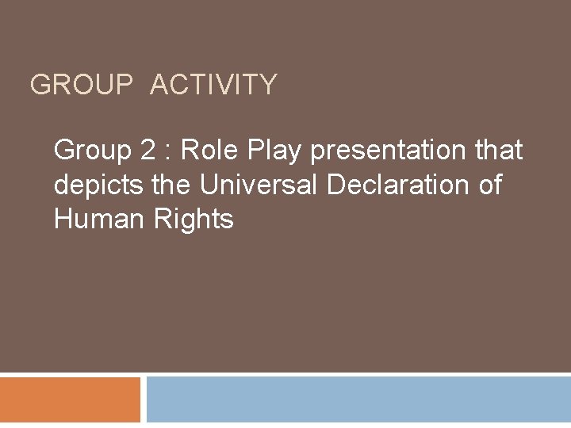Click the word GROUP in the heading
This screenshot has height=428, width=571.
tap(82, 84)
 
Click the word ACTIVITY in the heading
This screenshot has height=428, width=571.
tap(213, 84)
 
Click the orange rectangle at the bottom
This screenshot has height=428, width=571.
tap(70, 399)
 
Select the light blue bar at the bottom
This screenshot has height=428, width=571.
tap(358, 399)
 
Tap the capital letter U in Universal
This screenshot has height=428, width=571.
tap(209, 185)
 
